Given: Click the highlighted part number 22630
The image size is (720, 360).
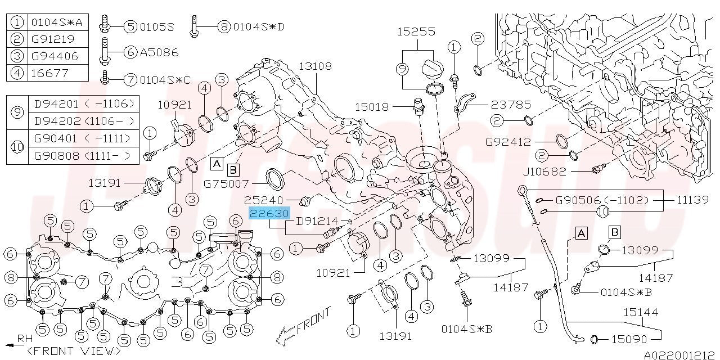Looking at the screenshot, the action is pyautogui.click(x=269, y=213).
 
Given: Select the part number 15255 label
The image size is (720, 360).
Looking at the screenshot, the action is pyautogui.click(x=416, y=31).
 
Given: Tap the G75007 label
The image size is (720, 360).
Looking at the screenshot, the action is pyautogui.click(x=226, y=184).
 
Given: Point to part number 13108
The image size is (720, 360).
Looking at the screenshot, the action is pyautogui.click(x=316, y=66).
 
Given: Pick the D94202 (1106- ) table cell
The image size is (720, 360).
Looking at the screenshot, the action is pyautogui.click(x=84, y=121).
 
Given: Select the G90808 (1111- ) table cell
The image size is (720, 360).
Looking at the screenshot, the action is pyautogui.click(x=84, y=156).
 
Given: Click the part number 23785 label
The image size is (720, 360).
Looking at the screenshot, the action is pyautogui.click(x=511, y=105).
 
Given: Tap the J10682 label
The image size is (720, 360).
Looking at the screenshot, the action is pyautogui.click(x=544, y=172).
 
